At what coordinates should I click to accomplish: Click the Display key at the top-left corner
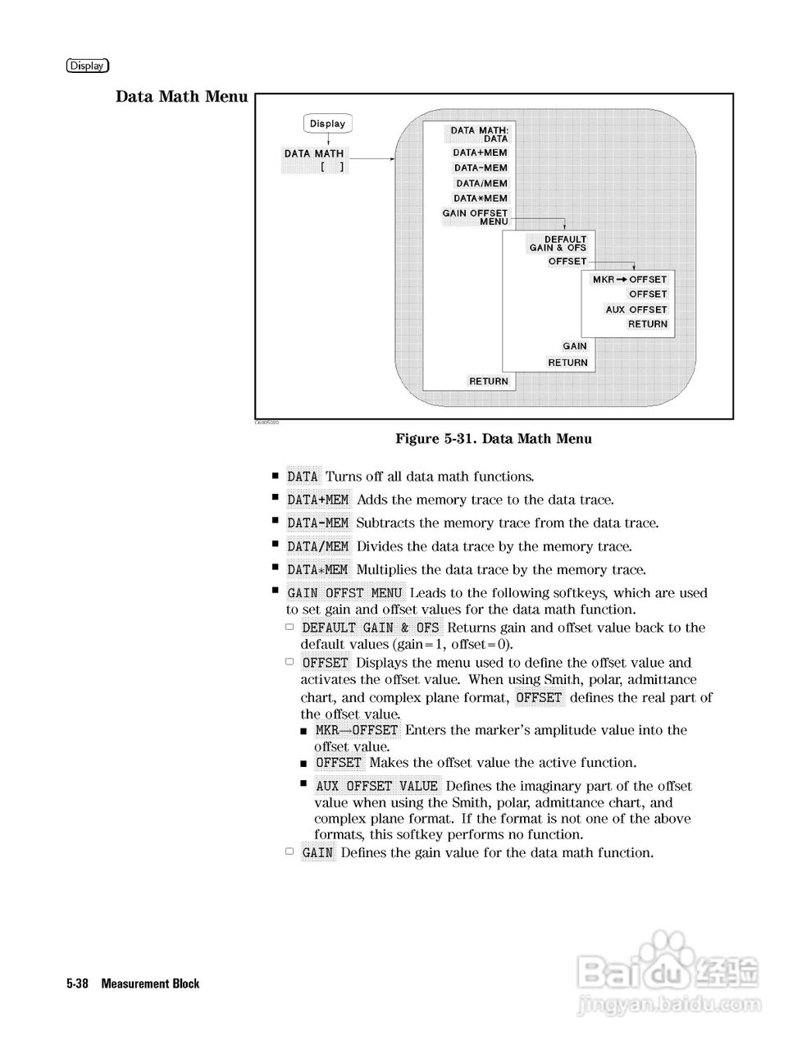(88, 66)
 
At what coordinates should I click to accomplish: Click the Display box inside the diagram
(328, 124)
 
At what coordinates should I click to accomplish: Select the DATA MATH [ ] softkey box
(315, 160)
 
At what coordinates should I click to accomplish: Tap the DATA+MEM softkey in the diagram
(481, 153)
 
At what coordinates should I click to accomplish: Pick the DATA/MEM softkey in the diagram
(482, 184)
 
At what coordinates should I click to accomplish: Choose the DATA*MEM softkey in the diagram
(481, 199)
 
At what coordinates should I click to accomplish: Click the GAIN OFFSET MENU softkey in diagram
(476, 217)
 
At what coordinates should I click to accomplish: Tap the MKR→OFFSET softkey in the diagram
(630, 280)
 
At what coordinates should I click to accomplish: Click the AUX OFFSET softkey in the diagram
(636, 310)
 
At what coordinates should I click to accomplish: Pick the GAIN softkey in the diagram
(575, 347)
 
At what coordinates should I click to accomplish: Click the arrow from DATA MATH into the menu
(371, 159)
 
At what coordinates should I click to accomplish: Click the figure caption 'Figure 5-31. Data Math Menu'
(494, 439)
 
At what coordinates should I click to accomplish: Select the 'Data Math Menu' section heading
(181, 97)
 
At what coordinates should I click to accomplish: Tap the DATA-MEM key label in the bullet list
(318, 523)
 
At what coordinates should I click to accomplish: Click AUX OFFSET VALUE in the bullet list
(377, 786)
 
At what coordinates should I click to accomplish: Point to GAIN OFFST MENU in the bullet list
(345, 593)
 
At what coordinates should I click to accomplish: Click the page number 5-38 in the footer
(78, 984)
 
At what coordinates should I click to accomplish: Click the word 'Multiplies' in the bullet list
(385, 570)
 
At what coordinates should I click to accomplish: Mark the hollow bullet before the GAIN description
(289, 852)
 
